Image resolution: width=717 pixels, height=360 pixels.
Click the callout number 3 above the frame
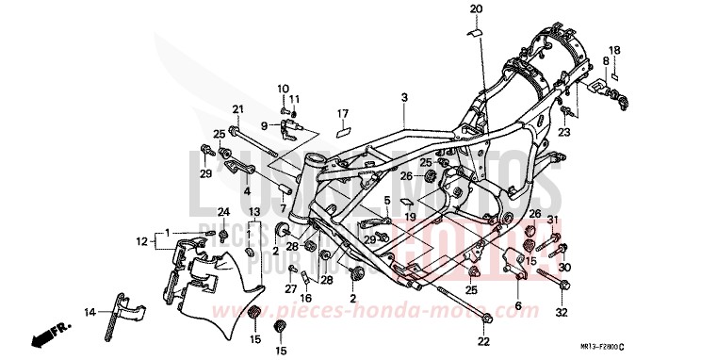(x=403, y=97)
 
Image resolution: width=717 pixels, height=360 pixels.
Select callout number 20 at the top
(x=477, y=8)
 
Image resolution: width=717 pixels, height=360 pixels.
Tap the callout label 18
(x=614, y=49)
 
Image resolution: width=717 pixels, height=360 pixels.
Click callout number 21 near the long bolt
(x=237, y=107)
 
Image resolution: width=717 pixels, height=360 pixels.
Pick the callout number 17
(x=344, y=113)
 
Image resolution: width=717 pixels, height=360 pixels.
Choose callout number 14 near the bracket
(x=89, y=311)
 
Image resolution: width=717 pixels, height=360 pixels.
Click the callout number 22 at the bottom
(x=482, y=340)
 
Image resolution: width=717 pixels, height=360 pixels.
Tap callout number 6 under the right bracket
(x=517, y=307)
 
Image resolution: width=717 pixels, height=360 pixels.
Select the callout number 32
(x=562, y=312)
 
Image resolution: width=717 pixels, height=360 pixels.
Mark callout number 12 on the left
(x=140, y=241)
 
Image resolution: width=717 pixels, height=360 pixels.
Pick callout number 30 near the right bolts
(x=565, y=267)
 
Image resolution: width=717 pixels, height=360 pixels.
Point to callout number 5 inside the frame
(x=386, y=200)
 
